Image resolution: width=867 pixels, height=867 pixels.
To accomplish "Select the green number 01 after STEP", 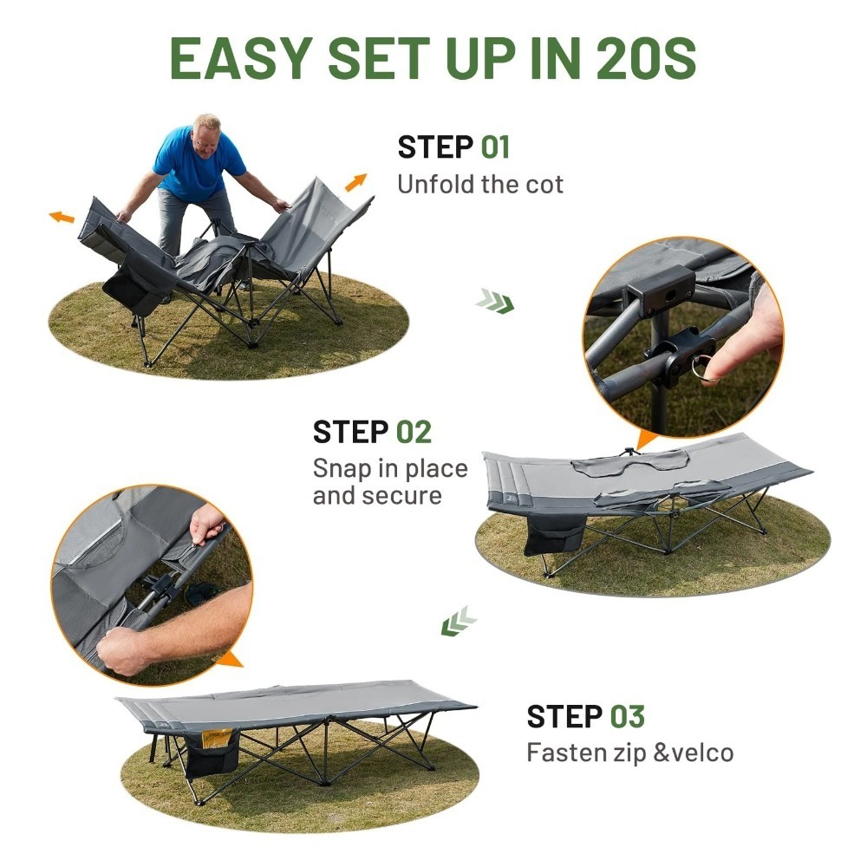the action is [495, 147].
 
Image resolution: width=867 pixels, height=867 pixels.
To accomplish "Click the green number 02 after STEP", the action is [414, 432].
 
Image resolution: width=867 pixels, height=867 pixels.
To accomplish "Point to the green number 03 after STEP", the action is [628, 716].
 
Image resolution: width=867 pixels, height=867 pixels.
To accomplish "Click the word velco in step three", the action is [701, 753].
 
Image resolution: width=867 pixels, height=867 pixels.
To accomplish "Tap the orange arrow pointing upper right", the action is [356, 182].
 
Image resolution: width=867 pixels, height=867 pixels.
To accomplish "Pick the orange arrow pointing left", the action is [62, 217].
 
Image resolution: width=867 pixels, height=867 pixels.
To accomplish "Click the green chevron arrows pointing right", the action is [495, 301].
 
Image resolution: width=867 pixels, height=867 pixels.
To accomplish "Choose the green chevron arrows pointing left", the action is [459, 621].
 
